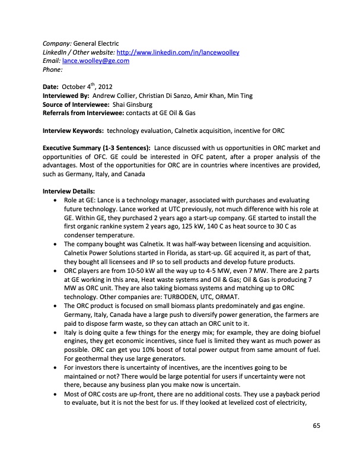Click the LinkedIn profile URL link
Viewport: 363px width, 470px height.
[x=178, y=52]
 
